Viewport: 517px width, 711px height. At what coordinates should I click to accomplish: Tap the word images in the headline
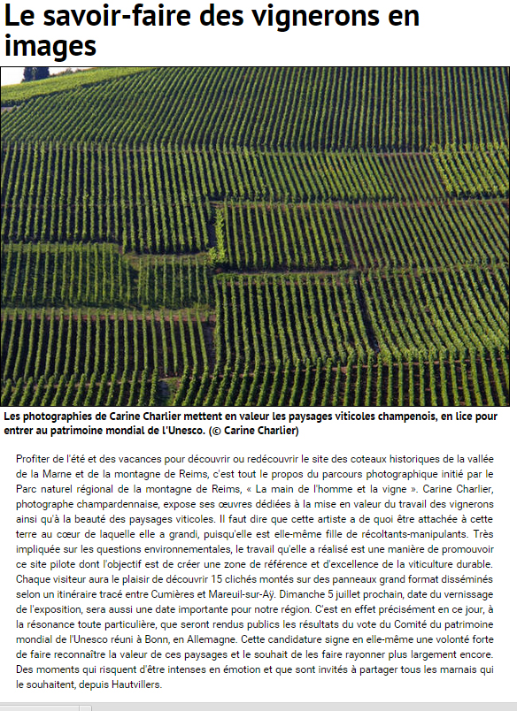[50, 45]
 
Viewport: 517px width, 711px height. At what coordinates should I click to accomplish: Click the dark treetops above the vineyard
[35, 73]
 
